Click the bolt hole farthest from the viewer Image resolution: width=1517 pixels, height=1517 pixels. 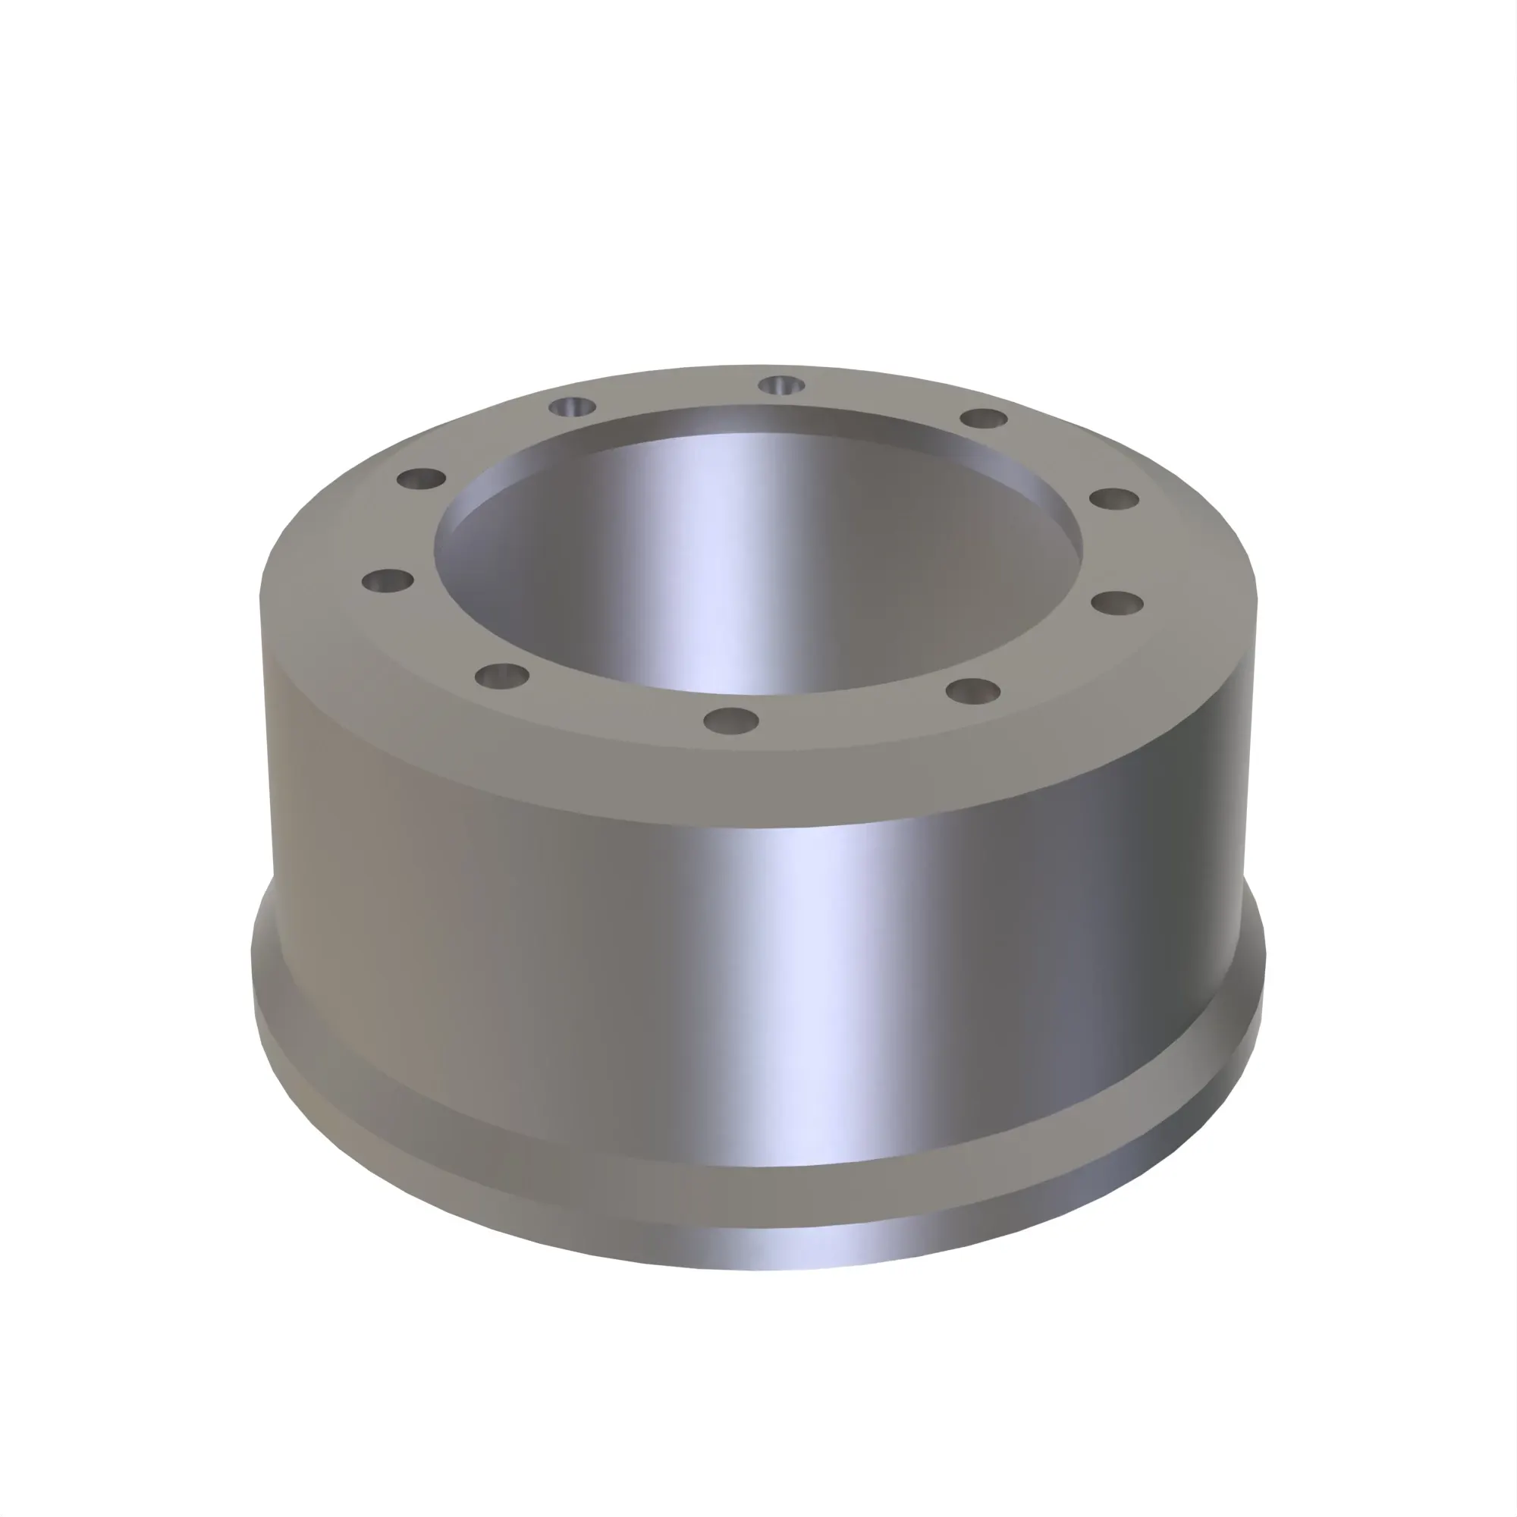(781, 385)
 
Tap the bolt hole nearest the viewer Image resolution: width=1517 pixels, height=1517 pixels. (731, 720)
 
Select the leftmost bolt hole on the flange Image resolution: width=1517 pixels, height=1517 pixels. (387, 582)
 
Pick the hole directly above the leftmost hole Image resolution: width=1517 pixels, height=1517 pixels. (422, 477)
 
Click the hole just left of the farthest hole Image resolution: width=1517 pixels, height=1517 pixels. (572, 407)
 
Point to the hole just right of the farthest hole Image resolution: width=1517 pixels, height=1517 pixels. (984, 418)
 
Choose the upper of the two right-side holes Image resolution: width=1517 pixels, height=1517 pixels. (1114, 498)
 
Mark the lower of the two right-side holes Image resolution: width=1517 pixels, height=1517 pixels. (1117, 603)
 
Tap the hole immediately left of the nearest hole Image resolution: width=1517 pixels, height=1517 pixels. (504, 675)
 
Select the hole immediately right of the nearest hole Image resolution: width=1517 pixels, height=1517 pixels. (973, 691)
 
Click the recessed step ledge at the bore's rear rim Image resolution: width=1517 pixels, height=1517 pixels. (754, 420)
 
